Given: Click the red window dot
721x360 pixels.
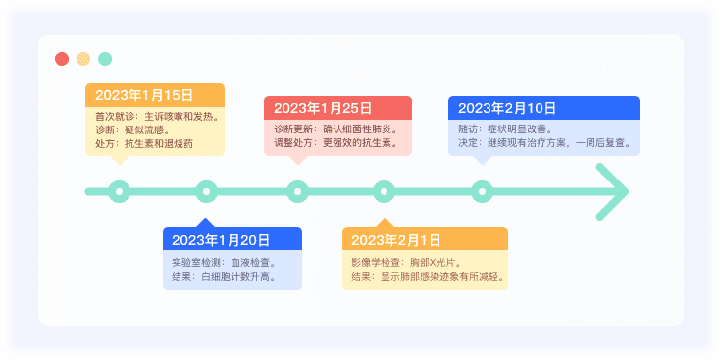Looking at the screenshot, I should point(62,59).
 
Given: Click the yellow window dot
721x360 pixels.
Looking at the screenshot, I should point(83,59).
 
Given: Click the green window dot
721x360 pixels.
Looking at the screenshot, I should point(105,59).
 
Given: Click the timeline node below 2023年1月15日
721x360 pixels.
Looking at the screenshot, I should point(119,191).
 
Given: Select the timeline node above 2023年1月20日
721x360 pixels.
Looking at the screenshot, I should point(205,191).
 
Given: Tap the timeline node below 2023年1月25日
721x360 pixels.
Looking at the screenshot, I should point(297,191).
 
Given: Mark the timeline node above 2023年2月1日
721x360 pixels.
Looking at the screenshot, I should point(384,191).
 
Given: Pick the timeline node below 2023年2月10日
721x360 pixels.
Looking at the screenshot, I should point(481,191).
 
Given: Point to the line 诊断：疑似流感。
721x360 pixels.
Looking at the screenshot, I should point(132,129).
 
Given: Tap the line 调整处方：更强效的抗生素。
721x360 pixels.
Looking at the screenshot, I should point(335,143).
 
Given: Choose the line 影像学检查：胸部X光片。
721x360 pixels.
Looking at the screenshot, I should point(405,263).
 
